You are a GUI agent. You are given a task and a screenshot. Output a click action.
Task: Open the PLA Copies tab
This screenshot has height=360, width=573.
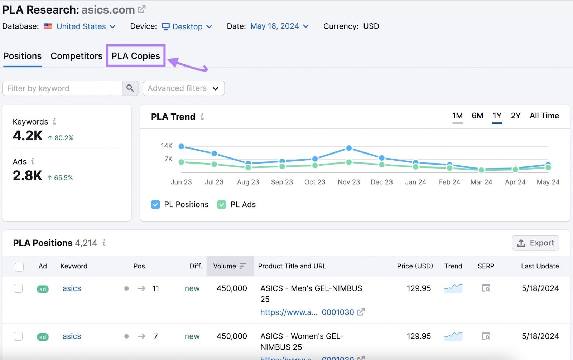click(x=135, y=56)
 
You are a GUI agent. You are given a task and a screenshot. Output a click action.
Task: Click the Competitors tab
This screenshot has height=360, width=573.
click(x=76, y=56)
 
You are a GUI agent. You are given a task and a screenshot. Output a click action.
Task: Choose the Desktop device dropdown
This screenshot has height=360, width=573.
click(x=187, y=26)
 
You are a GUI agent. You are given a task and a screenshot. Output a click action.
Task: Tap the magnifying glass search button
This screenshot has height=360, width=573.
click(x=130, y=88)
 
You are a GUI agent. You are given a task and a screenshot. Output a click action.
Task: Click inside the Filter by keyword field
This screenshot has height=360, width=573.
click(x=62, y=88)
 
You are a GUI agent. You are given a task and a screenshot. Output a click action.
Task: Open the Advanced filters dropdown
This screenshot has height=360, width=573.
click(x=183, y=88)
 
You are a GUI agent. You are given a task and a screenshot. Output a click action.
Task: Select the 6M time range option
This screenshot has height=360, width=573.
click(x=477, y=116)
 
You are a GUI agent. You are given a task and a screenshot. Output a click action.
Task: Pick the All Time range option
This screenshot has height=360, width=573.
click(x=544, y=116)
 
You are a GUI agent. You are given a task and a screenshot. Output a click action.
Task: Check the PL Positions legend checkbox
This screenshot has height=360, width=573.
click(x=155, y=204)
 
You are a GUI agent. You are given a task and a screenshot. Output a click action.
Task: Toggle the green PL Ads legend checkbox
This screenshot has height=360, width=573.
click(x=222, y=204)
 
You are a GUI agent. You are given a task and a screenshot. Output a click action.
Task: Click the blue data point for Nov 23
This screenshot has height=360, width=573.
click(x=349, y=148)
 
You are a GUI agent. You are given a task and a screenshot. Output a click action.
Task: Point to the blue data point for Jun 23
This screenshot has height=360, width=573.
click(x=181, y=146)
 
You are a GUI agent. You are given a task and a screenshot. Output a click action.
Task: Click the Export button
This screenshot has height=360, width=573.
click(x=535, y=243)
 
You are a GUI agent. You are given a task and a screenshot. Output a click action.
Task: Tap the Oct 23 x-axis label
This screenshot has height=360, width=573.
click(x=315, y=182)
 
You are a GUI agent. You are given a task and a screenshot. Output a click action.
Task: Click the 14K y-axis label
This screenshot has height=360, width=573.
click(x=167, y=146)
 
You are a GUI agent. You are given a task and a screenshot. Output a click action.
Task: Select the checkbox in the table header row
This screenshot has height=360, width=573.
click(x=19, y=267)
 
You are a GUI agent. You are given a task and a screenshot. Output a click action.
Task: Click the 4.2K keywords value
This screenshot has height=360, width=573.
click(x=28, y=136)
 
